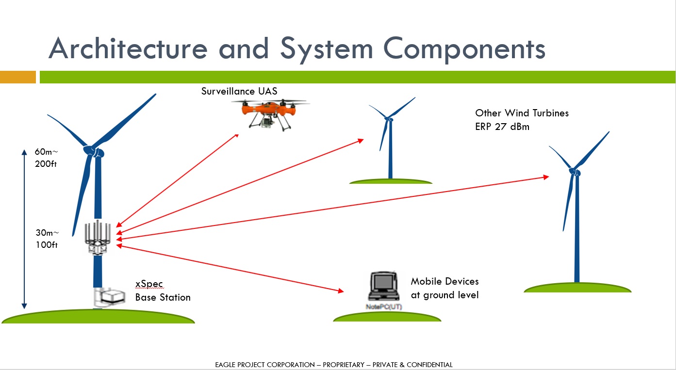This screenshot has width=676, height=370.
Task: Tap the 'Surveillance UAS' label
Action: [239, 91]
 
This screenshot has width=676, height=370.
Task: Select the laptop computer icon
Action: [383, 288]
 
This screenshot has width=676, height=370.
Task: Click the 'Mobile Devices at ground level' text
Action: [445, 288]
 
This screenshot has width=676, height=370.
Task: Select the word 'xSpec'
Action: [148, 284]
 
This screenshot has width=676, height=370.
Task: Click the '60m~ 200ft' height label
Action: [46, 158]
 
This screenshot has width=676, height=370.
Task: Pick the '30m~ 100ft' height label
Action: [46, 239]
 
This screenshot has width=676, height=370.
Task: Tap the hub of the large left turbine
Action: [95, 151]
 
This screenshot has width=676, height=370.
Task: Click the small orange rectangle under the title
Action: [18, 77]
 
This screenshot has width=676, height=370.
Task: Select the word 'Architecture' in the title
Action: [128, 48]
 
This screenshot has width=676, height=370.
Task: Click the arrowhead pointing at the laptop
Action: [339, 291]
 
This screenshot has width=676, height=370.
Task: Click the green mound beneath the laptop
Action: [387, 317]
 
